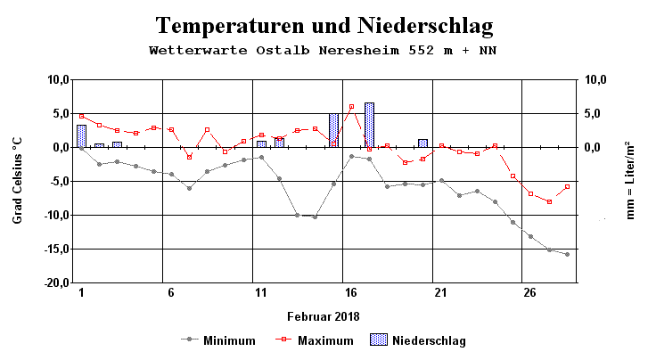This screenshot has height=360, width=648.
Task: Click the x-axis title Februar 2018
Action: coord(324,316)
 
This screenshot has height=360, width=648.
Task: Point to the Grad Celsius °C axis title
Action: coord(17,181)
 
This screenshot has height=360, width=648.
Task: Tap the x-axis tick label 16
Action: coord(351,293)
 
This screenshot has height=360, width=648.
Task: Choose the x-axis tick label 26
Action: coord(530,293)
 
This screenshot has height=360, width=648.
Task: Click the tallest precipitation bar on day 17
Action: coord(369,125)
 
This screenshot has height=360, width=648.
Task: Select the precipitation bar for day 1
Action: coord(81,135)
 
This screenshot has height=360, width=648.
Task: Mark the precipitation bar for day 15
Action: coord(333,130)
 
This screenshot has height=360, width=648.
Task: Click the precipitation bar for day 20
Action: coord(422,143)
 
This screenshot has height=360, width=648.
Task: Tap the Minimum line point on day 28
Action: coord(566,254)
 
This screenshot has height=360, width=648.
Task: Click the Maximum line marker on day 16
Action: coord(351,106)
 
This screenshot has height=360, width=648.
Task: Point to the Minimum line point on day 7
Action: coord(189,188)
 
